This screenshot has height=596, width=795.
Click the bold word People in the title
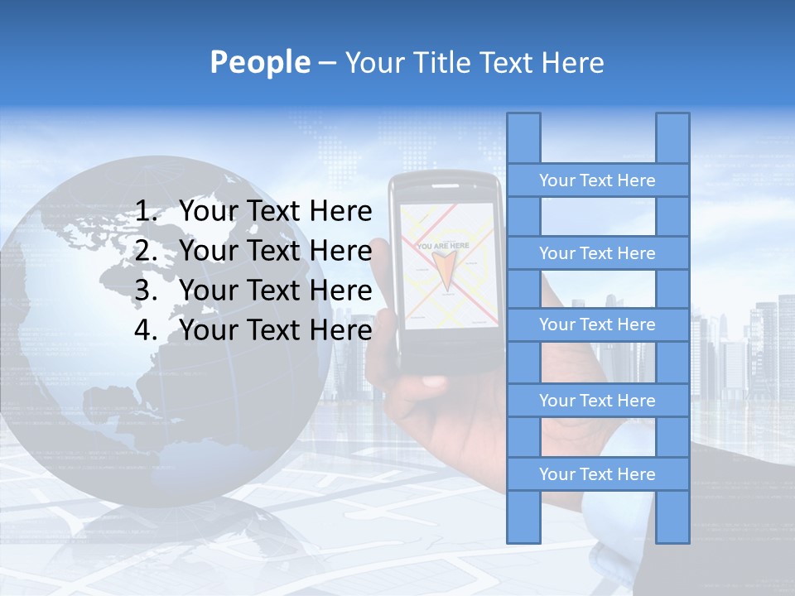point(259,62)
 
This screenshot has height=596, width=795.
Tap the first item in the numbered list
point(275,212)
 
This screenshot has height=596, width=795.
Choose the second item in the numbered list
point(275,251)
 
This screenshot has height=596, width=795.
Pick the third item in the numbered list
point(275,291)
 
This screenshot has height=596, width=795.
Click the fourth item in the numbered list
point(275,330)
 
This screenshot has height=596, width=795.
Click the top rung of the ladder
point(597,180)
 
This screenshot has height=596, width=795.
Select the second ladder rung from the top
point(597,253)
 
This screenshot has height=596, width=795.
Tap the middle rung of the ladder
point(597,324)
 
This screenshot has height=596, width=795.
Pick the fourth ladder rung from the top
point(597,401)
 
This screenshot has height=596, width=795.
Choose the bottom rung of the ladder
point(597,474)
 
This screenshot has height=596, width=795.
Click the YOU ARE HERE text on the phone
point(442,246)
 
